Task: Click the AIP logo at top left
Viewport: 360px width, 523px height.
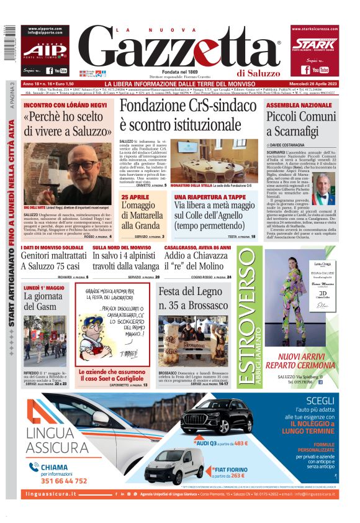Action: [x=45, y=50]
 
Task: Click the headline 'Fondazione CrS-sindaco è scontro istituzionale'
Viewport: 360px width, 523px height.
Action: [x=187, y=114]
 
